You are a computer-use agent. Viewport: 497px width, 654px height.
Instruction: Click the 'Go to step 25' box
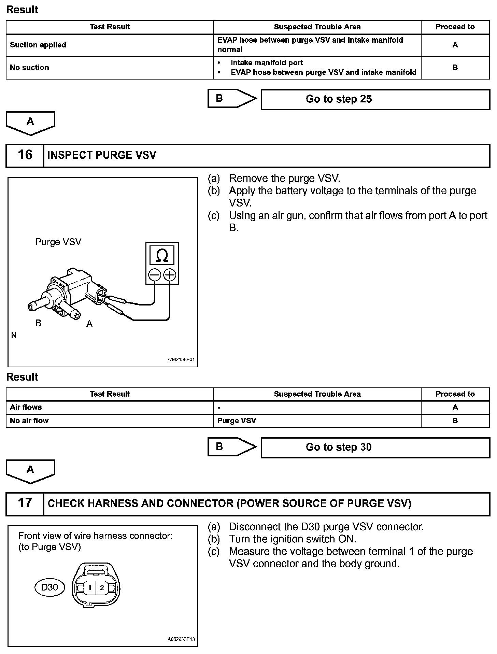(375, 99)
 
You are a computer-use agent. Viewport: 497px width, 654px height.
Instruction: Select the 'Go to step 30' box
(375, 447)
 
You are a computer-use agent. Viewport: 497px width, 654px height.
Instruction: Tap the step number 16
(25, 155)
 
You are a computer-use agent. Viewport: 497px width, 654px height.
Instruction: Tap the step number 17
(25, 503)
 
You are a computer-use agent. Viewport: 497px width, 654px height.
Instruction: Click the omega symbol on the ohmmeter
(162, 256)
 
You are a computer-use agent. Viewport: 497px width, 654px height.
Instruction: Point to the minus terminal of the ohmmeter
(155, 275)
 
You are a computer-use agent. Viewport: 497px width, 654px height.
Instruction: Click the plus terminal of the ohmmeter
(170, 275)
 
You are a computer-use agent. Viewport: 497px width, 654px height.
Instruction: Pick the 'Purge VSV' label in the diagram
(58, 242)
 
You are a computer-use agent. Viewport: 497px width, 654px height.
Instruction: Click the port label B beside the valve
(38, 323)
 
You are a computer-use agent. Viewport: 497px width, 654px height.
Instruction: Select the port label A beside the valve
(89, 324)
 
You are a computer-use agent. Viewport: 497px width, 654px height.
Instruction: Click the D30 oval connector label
(49, 587)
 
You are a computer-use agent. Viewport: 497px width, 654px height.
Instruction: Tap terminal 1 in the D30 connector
(90, 588)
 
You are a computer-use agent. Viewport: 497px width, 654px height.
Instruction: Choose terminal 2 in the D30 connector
(102, 588)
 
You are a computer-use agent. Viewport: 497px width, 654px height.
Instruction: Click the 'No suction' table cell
(30, 68)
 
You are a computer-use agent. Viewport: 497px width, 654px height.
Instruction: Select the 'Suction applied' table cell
(38, 45)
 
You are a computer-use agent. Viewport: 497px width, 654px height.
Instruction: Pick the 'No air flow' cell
(29, 421)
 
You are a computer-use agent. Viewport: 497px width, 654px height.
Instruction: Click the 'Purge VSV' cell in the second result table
(237, 421)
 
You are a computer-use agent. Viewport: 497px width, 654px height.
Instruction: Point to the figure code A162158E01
(181, 360)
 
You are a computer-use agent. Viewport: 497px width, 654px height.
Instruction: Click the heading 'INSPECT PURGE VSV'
(102, 155)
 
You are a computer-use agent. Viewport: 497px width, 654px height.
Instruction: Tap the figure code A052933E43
(181, 639)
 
